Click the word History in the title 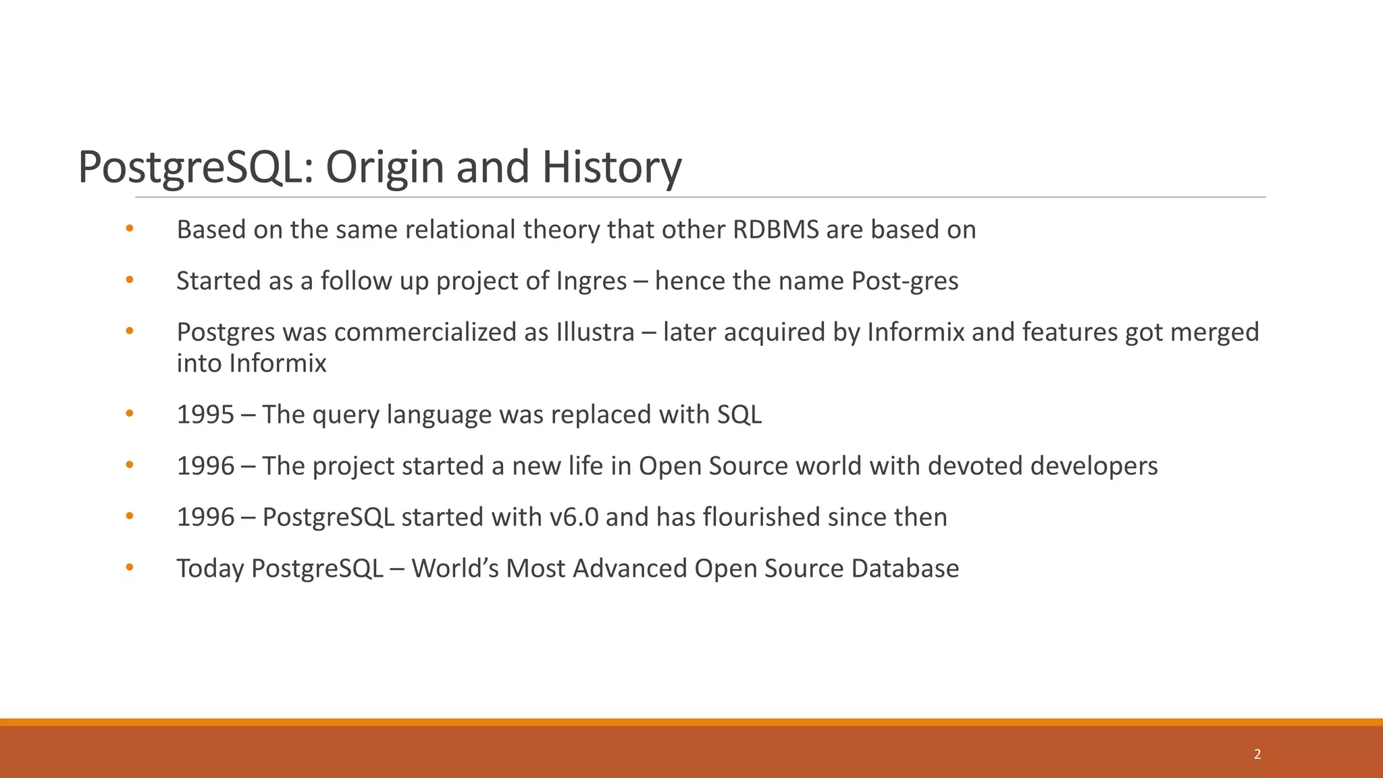click(611, 167)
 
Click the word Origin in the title click(386, 167)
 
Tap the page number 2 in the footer click(1257, 754)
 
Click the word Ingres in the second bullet click(592, 281)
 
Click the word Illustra click(596, 332)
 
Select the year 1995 click(205, 415)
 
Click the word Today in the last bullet click(209, 569)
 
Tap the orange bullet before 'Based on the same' click(130, 229)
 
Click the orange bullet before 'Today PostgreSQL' click(130, 568)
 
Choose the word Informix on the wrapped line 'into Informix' click(278, 363)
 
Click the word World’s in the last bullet click(454, 569)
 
